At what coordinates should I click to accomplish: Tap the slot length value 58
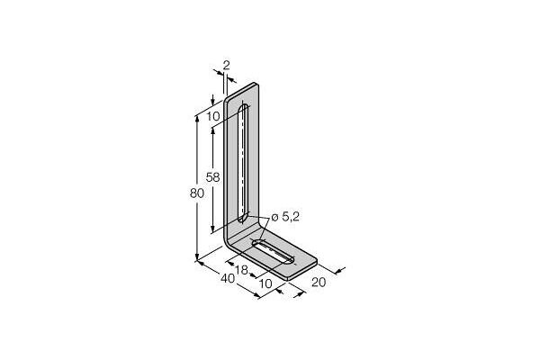pyautogui.click(x=212, y=178)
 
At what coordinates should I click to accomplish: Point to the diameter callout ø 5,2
pyautogui.click(x=286, y=217)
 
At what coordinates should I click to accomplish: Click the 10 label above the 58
pyautogui.click(x=211, y=115)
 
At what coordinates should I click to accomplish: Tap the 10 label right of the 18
pyautogui.click(x=265, y=283)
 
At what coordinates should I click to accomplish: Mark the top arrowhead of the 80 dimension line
pyautogui.click(x=198, y=116)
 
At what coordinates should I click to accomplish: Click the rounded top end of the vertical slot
pyautogui.click(x=243, y=107)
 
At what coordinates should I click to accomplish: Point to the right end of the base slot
pyautogui.click(x=292, y=260)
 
